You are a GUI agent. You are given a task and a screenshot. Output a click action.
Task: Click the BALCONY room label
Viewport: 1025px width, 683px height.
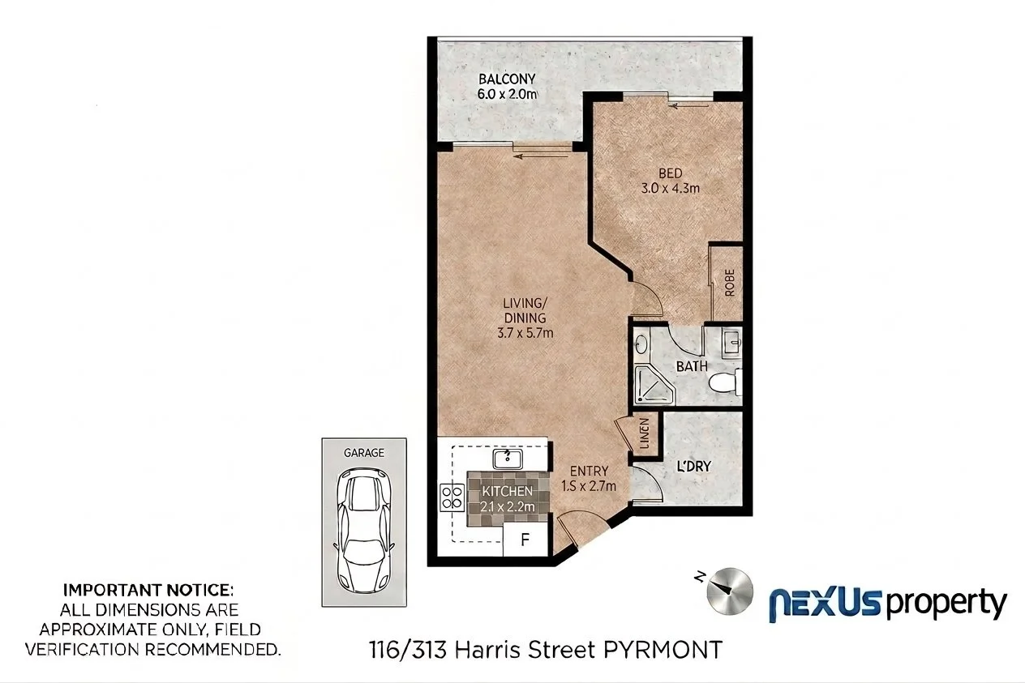(x=507, y=79)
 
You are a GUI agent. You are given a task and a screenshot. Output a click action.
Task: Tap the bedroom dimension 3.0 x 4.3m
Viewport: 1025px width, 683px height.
(x=671, y=188)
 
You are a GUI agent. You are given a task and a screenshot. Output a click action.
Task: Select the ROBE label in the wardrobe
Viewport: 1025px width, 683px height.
(x=730, y=283)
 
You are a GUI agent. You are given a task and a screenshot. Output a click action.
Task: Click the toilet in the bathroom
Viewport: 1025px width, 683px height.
(x=725, y=382)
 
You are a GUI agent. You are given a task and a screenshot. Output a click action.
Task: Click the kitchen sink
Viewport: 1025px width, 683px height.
(x=508, y=459)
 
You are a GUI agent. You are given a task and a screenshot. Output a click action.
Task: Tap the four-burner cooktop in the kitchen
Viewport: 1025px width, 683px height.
(x=452, y=497)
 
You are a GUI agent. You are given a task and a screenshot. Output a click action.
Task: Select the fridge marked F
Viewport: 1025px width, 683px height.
(x=525, y=540)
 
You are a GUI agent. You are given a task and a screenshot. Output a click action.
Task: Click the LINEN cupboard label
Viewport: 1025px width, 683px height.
(x=645, y=433)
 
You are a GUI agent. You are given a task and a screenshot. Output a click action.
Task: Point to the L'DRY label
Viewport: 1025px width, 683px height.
(x=694, y=467)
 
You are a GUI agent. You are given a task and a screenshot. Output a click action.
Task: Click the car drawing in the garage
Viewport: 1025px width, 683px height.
(x=364, y=530)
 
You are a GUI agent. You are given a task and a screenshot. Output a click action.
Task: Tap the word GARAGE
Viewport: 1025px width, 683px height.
(x=364, y=453)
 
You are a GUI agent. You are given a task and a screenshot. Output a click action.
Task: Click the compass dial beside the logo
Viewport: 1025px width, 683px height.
(x=730, y=591)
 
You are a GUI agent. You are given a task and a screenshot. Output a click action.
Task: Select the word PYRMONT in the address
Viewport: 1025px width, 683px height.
(x=663, y=650)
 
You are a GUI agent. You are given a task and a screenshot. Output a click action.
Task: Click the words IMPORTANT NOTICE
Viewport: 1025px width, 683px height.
(x=148, y=590)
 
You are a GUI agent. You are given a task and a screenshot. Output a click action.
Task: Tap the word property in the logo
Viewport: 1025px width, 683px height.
(x=946, y=604)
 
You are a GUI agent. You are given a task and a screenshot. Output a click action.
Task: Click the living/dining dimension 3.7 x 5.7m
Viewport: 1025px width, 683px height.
(x=525, y=332)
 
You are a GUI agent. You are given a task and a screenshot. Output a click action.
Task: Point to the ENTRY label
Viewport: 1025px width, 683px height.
(x=589, y=471)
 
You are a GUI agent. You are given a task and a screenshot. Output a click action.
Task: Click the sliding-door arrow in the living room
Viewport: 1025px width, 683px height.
(x=541, y=157)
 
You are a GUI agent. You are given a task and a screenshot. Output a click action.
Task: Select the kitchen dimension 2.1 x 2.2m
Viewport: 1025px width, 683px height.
(x=508, y=506)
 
